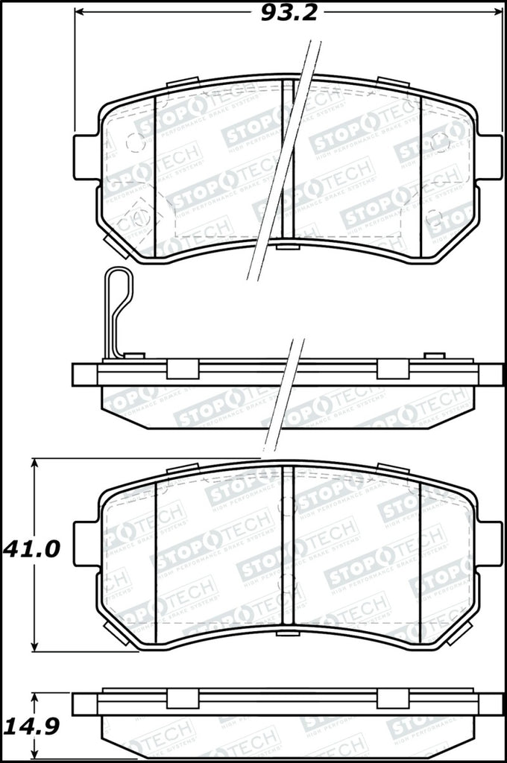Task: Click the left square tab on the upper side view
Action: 181,369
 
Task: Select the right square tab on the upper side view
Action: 392,369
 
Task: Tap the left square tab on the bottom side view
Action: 181,698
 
